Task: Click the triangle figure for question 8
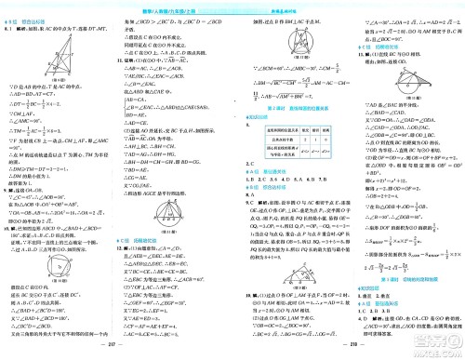(x=36, y=57)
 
